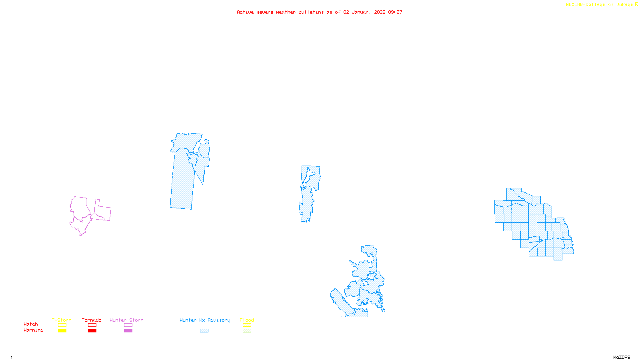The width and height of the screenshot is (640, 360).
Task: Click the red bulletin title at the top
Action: coord(319,12)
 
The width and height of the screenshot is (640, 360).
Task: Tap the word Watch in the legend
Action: coord(31,324)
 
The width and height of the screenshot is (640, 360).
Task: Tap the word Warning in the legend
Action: coord(34,330)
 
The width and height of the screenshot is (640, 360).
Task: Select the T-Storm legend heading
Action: coord(62,320)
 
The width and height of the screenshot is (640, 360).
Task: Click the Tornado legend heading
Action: coord(92,320)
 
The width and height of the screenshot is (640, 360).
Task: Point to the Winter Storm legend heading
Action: coord(126,320)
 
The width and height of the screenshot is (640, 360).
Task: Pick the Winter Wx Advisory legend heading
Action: coord(205,320)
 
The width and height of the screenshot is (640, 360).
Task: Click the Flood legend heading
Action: coord(247,320)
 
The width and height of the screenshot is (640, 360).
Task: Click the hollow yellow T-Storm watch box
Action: coord(62,325)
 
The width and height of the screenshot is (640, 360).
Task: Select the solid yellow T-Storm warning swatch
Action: coord(62,331)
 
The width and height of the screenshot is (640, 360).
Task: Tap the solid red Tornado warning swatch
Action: coord(92,331)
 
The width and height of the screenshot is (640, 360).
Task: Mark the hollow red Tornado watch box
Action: coord(92,325)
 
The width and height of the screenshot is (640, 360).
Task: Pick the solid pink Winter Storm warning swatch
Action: coord(128,331)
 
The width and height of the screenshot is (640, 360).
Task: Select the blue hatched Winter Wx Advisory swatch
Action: coord(204,331)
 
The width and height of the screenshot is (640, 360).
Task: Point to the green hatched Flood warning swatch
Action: coord(247,331)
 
